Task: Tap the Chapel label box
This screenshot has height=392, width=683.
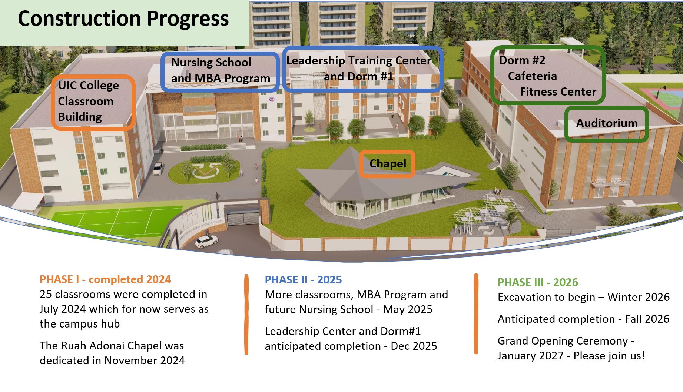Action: [387, 163]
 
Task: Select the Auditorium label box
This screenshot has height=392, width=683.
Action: [607, 123]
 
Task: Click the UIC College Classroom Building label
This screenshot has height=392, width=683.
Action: [89, 101]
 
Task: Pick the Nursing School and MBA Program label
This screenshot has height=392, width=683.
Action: [221, 70]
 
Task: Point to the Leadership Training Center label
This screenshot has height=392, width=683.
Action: [358, 61]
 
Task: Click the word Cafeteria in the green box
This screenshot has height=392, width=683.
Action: [532, 76]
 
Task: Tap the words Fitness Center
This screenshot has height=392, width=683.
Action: [558, 92]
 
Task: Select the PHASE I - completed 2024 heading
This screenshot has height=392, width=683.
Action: [105, 279]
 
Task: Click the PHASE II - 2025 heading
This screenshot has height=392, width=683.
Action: [303, 280]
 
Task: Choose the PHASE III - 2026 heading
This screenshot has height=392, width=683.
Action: [537, 282]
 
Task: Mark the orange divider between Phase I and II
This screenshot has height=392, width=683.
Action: [246, 314]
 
